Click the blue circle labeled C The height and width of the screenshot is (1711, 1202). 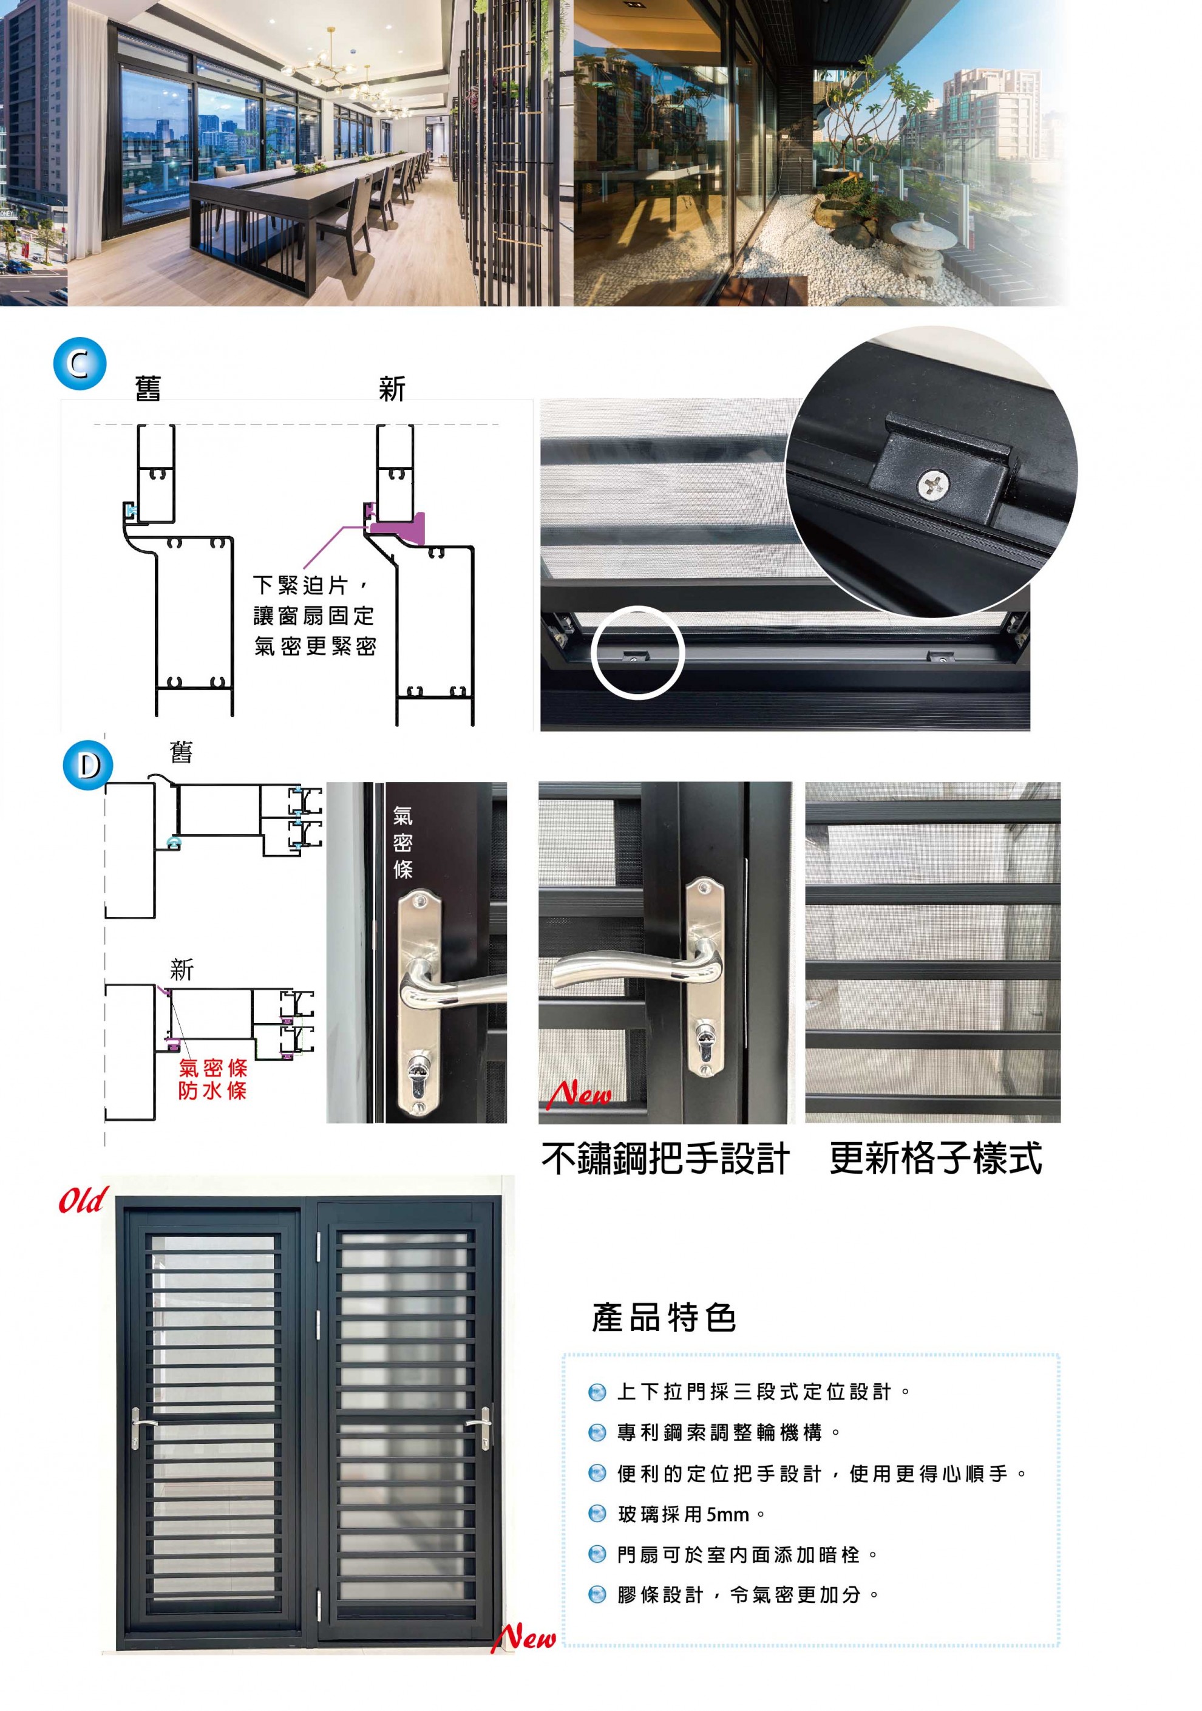pyautogui.click(x=80, y=363)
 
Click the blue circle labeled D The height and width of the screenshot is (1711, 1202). pyautogui.click(x=88, y=764)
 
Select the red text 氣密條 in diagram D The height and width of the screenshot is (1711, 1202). pyautogui.click(x=212, y=1067)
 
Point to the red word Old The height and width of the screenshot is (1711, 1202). pyautogui.click(x=83, y=1200)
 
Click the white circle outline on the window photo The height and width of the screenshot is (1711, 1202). pyautogui.click(x=637, y=652)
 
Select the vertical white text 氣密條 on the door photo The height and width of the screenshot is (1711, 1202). pyautogui.click(x=402, y=842)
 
